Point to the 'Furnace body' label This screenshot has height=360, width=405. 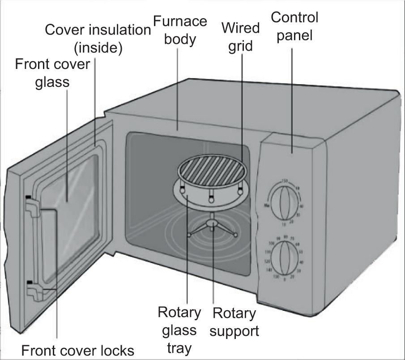[x=180, y=30]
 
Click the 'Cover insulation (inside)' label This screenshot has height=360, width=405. [x=98, y=39]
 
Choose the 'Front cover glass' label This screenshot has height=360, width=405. [x=53, y=73]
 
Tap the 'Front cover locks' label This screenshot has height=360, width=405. [x=77, y=349]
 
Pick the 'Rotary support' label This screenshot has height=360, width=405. [x=234, y=322]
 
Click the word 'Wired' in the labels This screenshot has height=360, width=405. [x=241, y=29]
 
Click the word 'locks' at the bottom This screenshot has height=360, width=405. [x=116, y=349]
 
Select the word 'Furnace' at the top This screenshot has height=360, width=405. [x=180, y=21]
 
